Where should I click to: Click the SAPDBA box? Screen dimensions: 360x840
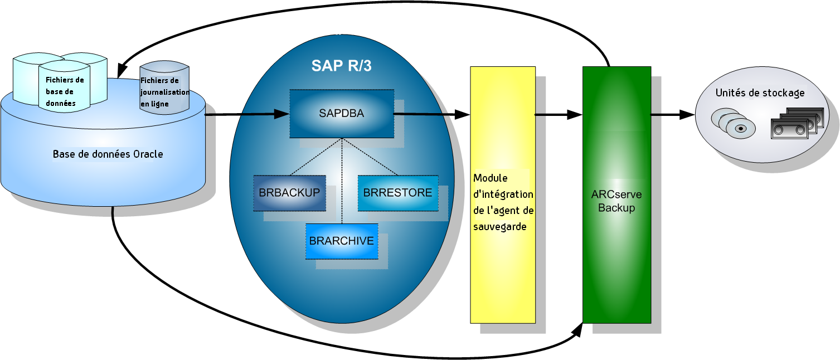[341, 113]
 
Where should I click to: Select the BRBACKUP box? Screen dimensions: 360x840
[289, 193]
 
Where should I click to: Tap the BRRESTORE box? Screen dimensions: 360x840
[397, 193]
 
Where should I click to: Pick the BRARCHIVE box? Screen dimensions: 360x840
[341, 241]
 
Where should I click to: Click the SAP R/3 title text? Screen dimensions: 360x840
[341, 66]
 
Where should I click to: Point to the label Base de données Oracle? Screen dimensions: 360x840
[108, 154]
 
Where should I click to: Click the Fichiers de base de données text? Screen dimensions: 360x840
[64, 91]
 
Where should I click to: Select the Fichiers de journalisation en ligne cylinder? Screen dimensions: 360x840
[164, 89]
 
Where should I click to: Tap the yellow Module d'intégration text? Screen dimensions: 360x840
[503, 202]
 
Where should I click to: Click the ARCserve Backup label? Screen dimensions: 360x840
[616, 201]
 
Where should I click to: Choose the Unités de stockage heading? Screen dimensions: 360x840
[760, 93]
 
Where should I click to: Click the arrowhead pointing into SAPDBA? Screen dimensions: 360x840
[281, 114]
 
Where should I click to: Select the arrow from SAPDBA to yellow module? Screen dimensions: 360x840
[432, 114]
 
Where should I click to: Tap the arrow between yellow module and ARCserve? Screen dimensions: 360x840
[559, 115]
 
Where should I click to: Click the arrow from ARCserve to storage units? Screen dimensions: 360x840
[673, 115]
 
